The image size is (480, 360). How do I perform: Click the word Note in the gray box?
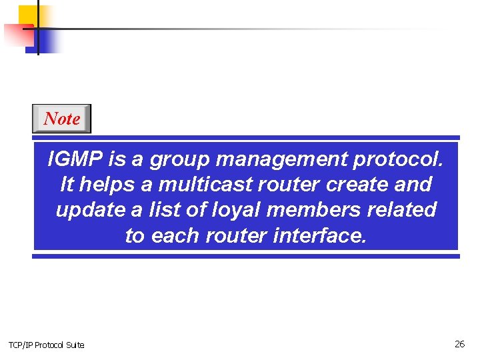point(62,119)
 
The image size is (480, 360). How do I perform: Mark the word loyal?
point(231,210)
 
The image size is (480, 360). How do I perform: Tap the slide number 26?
point(459,344)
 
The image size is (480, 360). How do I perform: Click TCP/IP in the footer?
point(20,345)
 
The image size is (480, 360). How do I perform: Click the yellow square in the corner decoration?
point(27,15)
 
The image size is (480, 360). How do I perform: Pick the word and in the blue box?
point(415,184)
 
